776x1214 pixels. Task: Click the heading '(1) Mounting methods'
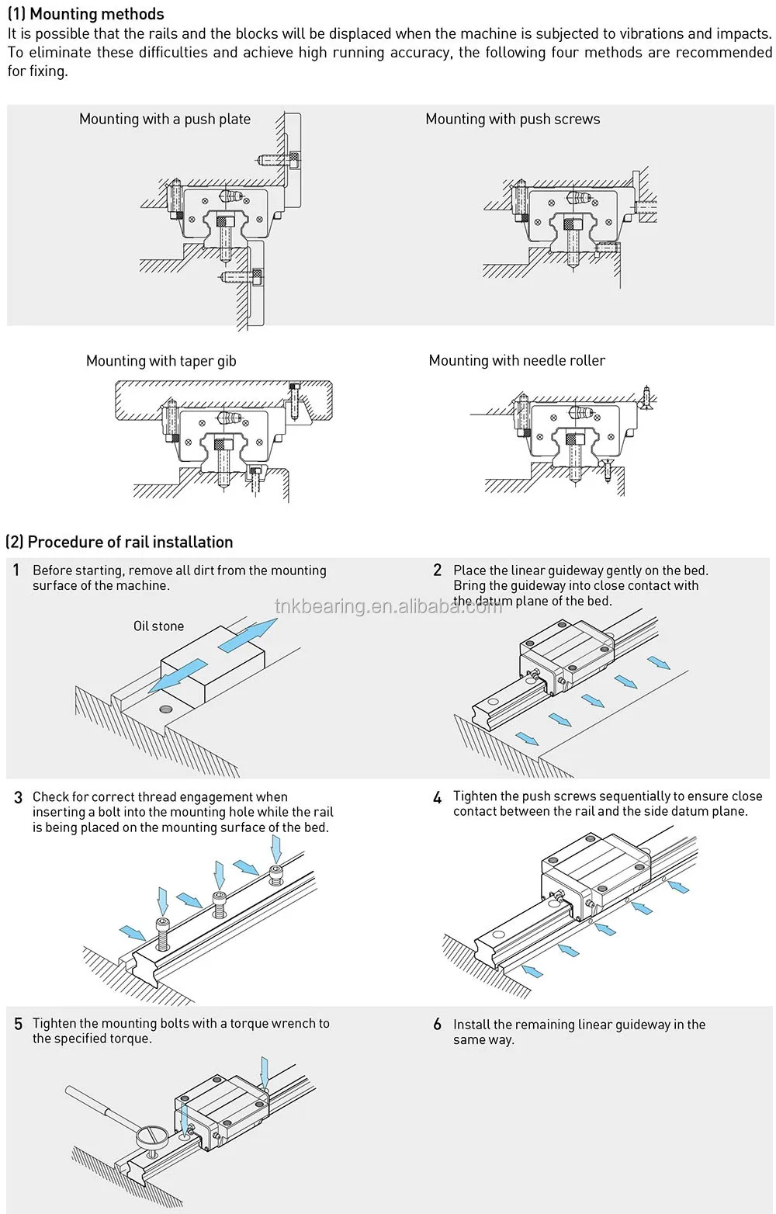85,13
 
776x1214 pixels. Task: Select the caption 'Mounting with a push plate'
165,120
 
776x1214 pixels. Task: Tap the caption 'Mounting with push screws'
513,120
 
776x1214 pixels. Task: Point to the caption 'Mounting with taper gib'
161,361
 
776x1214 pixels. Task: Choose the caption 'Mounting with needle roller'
517,360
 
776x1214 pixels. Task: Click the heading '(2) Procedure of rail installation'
120,542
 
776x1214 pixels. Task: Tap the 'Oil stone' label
159,626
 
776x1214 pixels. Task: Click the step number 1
16,570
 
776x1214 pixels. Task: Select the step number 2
438,570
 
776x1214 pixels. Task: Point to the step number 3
19,798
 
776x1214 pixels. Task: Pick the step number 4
438,798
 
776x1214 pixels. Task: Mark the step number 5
19,1024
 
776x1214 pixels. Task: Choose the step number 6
438,1024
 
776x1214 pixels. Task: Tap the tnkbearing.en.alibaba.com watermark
389,606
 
